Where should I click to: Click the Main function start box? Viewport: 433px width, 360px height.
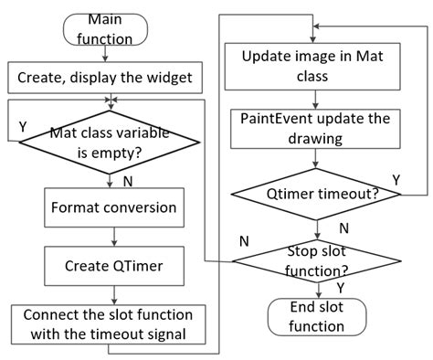point(112,29)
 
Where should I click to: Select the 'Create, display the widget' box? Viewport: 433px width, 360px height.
point(104,79)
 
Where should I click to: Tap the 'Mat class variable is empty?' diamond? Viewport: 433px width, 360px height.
point(112,142)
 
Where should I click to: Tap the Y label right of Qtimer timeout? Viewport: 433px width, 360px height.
point(396,178)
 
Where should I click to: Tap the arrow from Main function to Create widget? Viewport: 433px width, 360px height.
point(112,54)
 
